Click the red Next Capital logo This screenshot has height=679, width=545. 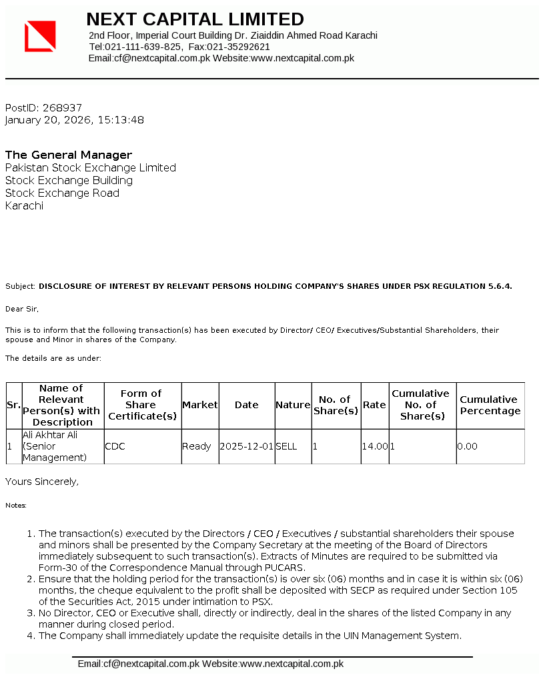(x=40, y=36)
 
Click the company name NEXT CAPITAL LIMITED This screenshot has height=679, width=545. (x=195, y=19)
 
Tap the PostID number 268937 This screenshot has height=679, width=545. (x=62, y=107)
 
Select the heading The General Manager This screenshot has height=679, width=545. (x=69, y=155)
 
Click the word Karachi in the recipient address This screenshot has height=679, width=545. (x=24, y=205)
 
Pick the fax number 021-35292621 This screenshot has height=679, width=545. (x=238, y=47)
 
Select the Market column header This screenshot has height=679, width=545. (x=200, y=405)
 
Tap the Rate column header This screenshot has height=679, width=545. (x=374, y=405)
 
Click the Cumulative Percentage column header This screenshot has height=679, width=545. (x=490, y=405)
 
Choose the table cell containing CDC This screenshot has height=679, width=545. (x=115, y=446)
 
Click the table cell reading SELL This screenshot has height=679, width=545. (x=286, y=446)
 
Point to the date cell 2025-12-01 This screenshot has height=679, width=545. (x=247, y=446)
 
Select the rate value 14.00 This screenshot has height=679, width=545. (x=375, y=446)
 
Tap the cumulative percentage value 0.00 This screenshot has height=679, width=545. (x=468, y=446)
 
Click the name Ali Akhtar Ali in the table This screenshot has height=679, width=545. (x=50, y=435)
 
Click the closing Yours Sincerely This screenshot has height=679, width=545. (x=42, y=481)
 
